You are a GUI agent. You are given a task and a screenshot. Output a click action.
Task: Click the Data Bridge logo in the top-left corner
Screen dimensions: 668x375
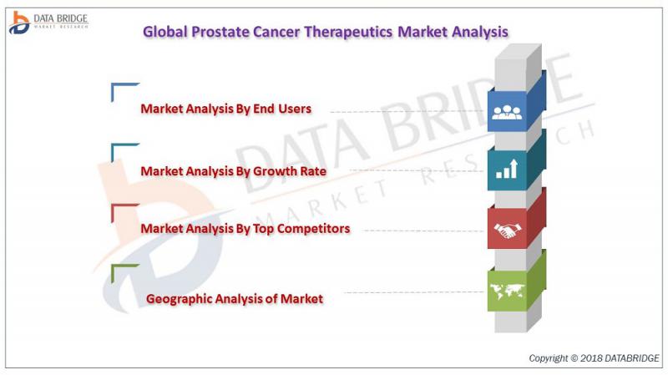click(48, 23)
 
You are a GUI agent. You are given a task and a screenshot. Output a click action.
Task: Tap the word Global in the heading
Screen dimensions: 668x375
click(164, 32)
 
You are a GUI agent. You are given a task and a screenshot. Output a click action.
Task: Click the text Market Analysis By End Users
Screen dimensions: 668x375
click(225, 109)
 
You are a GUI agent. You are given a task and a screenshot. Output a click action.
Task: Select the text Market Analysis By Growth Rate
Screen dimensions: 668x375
click(234, 171)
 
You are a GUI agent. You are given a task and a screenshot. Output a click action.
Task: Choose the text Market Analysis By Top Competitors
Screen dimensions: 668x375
click(245, 229)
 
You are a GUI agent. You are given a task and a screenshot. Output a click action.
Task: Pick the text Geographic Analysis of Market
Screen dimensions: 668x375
click(235, 299)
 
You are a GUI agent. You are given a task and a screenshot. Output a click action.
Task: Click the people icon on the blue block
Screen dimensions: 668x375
click(507, 112)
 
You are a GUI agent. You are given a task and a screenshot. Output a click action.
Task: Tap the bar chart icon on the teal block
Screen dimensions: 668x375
click(507, 169)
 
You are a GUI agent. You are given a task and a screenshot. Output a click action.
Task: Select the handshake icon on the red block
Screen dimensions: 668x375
click(508, 231)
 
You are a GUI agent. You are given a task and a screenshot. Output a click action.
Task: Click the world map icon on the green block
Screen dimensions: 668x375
click(507, 291)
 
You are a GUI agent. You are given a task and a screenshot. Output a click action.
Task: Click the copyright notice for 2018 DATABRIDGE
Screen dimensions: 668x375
click(594, 358)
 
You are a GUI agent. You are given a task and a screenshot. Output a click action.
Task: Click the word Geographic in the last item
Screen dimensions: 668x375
click(179, 299)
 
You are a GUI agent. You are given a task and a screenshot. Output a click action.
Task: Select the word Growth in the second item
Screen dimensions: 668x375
click(275, 171)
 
